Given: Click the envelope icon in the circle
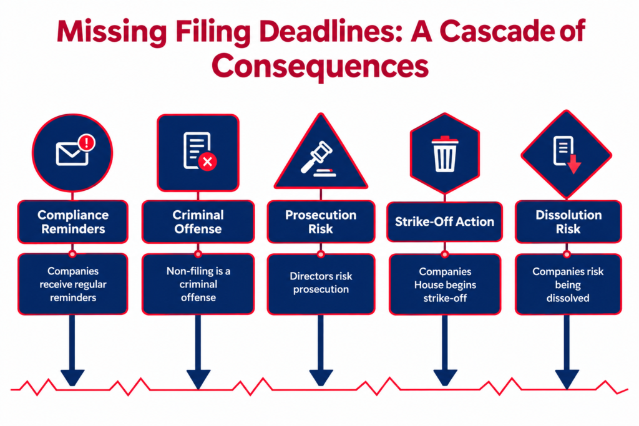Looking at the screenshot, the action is coord(72,153).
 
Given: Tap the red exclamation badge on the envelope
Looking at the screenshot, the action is coord(86,143).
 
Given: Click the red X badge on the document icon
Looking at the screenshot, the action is coord(207,162).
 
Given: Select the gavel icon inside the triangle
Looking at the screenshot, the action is coord(318,159).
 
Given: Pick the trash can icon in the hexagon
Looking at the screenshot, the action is coord(444,153).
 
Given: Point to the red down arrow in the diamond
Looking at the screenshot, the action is coord(574,163).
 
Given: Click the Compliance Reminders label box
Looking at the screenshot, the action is coord(73,221).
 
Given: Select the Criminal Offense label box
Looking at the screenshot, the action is coord(198,221).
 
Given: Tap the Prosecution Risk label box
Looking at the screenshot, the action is coord(321,221).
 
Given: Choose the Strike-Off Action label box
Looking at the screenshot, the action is coord(444,221).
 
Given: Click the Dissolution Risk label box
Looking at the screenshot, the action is coord(568,221).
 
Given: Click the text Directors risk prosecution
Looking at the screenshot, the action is coord(321,283).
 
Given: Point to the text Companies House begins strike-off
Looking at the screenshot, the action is coord(445,284).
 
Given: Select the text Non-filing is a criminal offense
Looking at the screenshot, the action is coord(198,284).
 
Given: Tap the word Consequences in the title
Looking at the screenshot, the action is coord(320,66).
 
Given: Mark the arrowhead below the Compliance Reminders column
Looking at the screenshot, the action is coord(72,377).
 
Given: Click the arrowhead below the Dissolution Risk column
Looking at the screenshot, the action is coord(567,378).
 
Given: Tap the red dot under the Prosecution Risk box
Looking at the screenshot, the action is coord(321,254).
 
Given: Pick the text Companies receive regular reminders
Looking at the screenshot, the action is coord(73,284).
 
